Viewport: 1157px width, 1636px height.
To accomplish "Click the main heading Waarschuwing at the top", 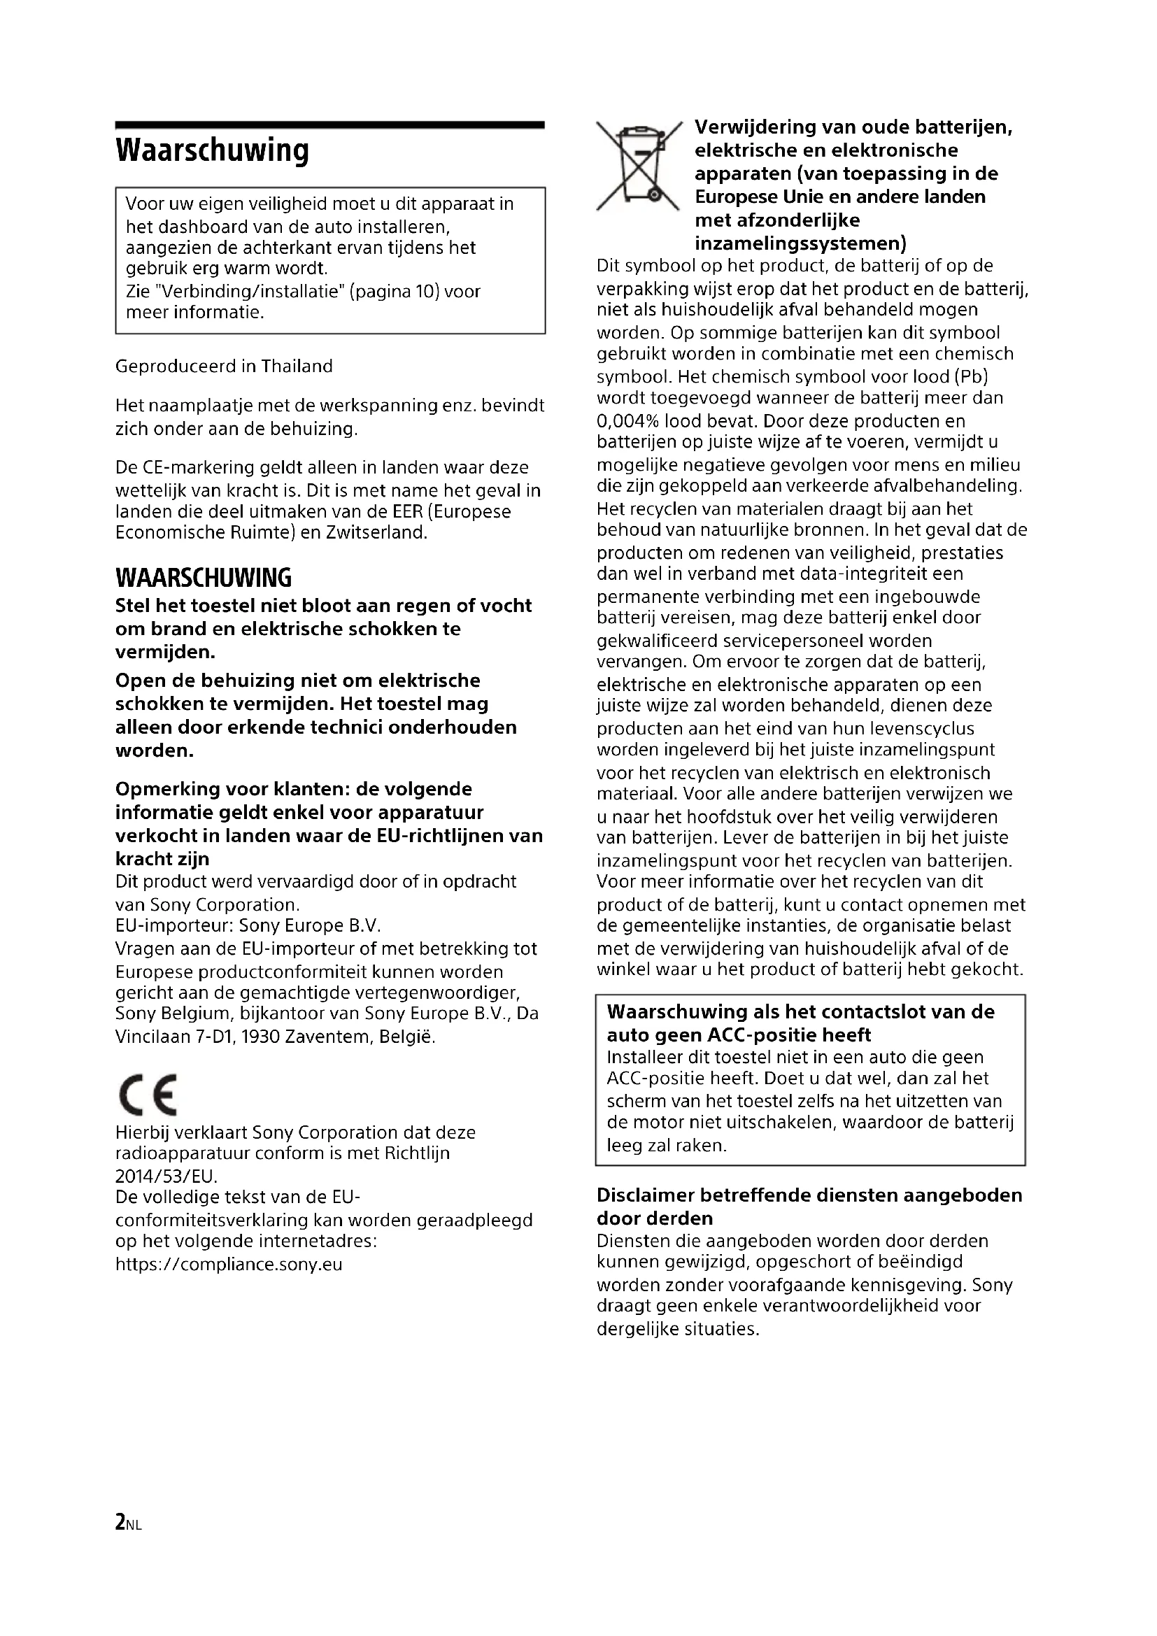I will pyautogui.click(x=213, y=150).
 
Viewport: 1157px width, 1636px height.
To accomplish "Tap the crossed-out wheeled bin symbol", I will pyautogui.click(x=639, y=166).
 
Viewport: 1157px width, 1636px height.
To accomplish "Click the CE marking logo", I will pyautogui.click(x=148, y=1094).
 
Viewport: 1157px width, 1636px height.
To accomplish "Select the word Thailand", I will pyautogui.click(x=297, y=367).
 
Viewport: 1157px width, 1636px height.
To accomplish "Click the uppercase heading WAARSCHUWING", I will pyautogui.click(x=204, y=577).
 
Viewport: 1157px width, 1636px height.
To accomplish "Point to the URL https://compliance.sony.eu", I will pyautogui.click(x=229, y=1265).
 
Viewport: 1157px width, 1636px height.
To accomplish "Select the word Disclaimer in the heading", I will pyautogui.click(x=646, y=1195).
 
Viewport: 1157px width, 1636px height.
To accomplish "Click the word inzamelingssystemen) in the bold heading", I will pyautogui.click(x=800, y=243).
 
